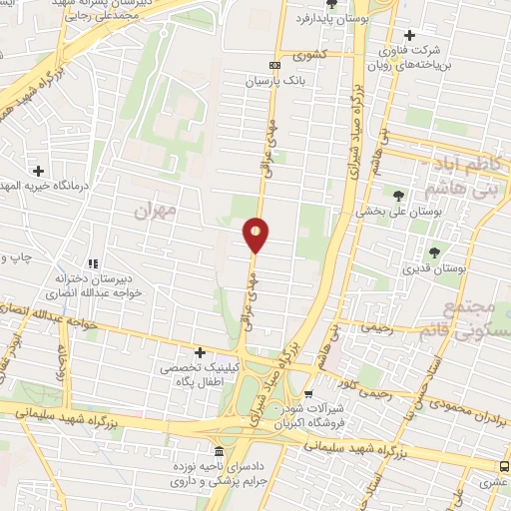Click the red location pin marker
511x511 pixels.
pyautogui.click(x=255, y=235)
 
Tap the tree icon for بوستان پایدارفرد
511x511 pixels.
pyautogui.click(x=331, y=4)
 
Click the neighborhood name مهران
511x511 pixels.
pyautogui.click(x=153, y=211)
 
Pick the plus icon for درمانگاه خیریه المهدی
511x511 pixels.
pyautogui.click(x=39, y=170)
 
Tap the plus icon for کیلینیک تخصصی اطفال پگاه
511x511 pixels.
pyautogui.click(x=201, y=352)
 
